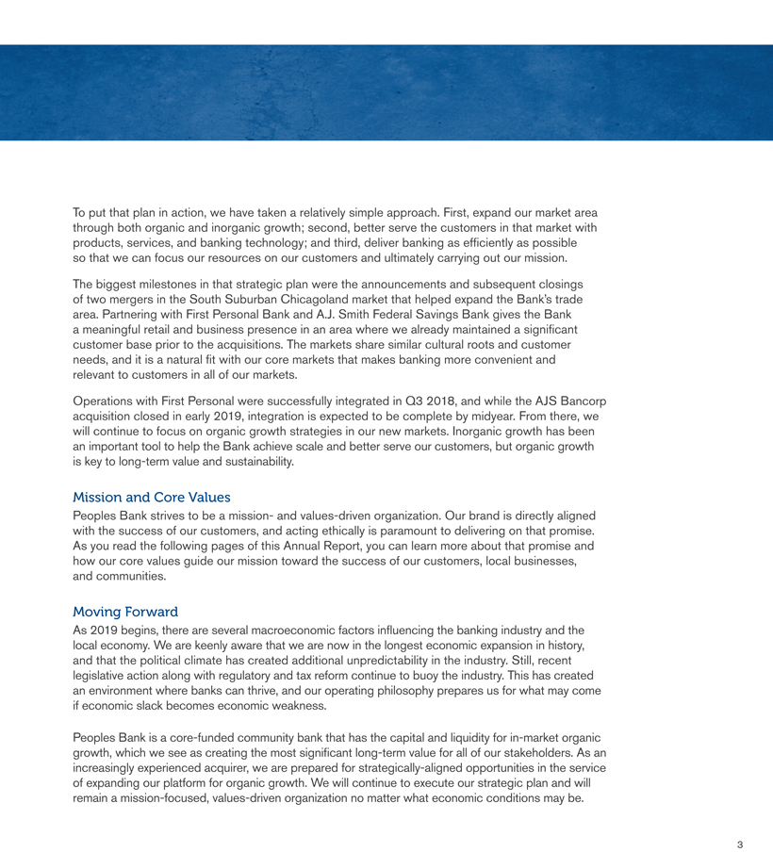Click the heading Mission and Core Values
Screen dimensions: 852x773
click(151, 497)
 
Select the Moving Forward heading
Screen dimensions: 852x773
click(124, 612)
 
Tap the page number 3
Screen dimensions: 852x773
click(740, 844)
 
